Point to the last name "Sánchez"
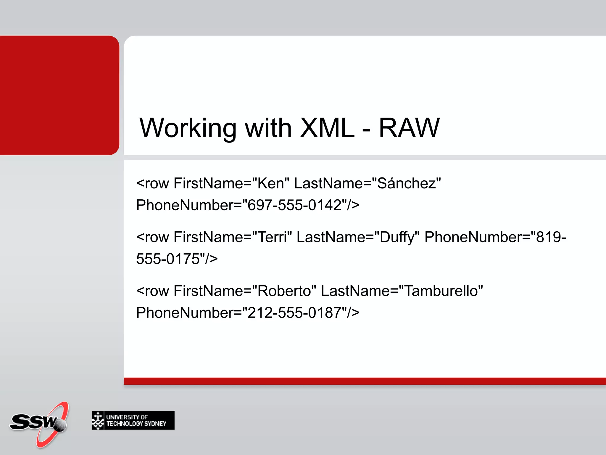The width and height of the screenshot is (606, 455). coord(407,183)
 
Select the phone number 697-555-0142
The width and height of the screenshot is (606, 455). coord(295,205)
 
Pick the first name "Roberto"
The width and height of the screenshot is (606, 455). coord(284,291)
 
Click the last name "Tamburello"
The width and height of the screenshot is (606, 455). coord(441,291)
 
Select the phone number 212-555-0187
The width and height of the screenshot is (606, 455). coord(295,313)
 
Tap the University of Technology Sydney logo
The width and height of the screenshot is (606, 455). coord(133,420)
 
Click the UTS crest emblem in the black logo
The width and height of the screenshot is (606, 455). coord(98,420)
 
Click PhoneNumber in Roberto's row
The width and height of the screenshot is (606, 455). coord(185,313)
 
